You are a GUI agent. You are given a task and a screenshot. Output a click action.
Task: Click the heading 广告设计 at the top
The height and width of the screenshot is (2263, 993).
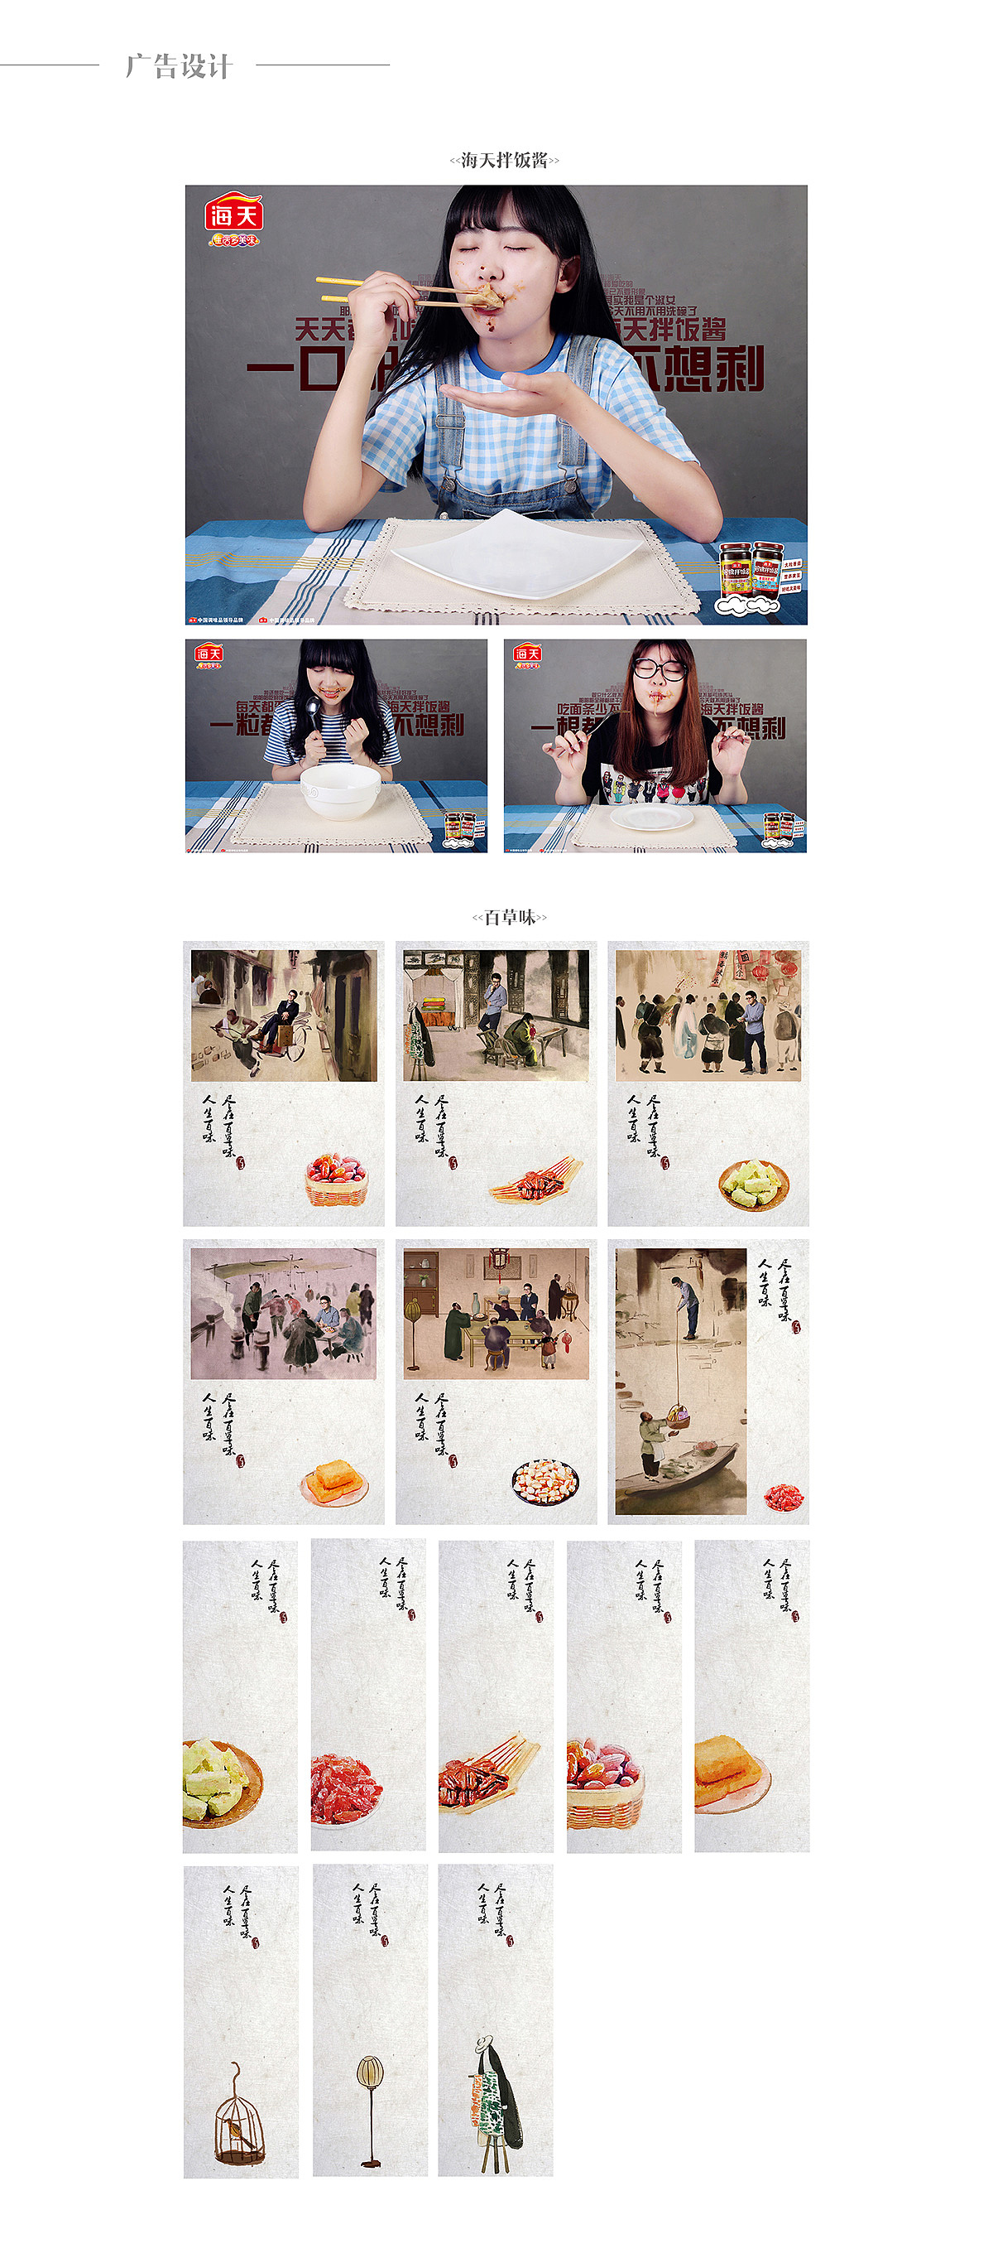coord(178,66)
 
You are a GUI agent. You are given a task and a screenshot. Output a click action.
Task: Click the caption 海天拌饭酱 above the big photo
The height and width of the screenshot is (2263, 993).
coord(504,160)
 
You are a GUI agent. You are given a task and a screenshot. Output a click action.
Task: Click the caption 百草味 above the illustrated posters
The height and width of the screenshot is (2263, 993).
coord(509,917)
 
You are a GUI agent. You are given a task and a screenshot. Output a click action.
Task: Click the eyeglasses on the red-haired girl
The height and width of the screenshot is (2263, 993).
coord(660,670)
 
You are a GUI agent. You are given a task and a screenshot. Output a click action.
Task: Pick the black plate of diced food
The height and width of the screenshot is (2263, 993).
coord(545,1483)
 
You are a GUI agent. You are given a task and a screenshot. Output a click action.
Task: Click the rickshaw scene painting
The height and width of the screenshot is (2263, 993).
coord(284,1016)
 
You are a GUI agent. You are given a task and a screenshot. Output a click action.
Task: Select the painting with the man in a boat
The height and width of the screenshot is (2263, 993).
coord(680,1381)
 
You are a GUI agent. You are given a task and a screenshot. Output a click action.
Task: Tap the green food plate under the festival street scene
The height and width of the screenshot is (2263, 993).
coord(753,1184)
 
